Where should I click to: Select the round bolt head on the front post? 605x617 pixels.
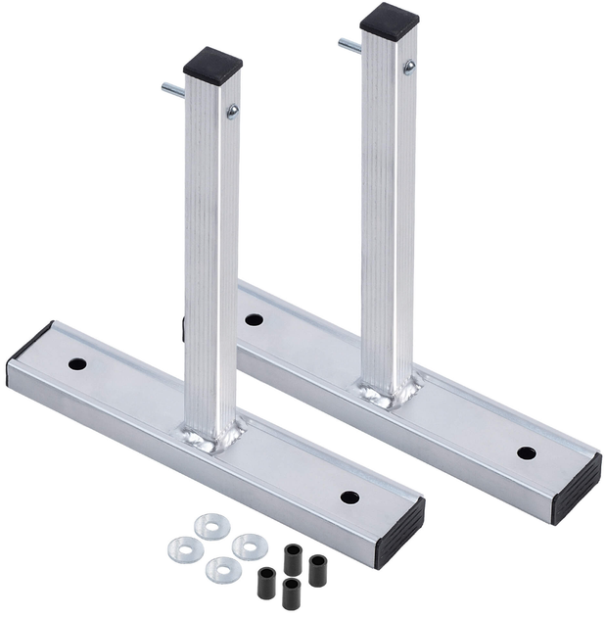tap(232, 112)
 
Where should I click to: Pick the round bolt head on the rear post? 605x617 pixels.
tap(408, 67)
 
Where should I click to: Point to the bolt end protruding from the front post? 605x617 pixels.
tap(171, 90)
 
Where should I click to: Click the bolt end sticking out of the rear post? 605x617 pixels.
tap(348, 44)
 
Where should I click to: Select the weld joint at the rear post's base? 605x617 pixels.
tap(390, 393)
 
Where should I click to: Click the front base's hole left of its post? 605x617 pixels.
tap(77, 364)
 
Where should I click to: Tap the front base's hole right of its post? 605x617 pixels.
tap(349, 498)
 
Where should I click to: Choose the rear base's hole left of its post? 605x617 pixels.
tap(254, 319)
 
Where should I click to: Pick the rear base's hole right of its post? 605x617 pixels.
tap(526, 452)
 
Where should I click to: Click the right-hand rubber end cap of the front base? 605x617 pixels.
tap(400, 531)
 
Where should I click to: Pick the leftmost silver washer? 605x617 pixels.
tap(179, 548)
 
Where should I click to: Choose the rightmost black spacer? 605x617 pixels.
tap(317, 569)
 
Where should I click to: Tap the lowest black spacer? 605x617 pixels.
tap(290, 593)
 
